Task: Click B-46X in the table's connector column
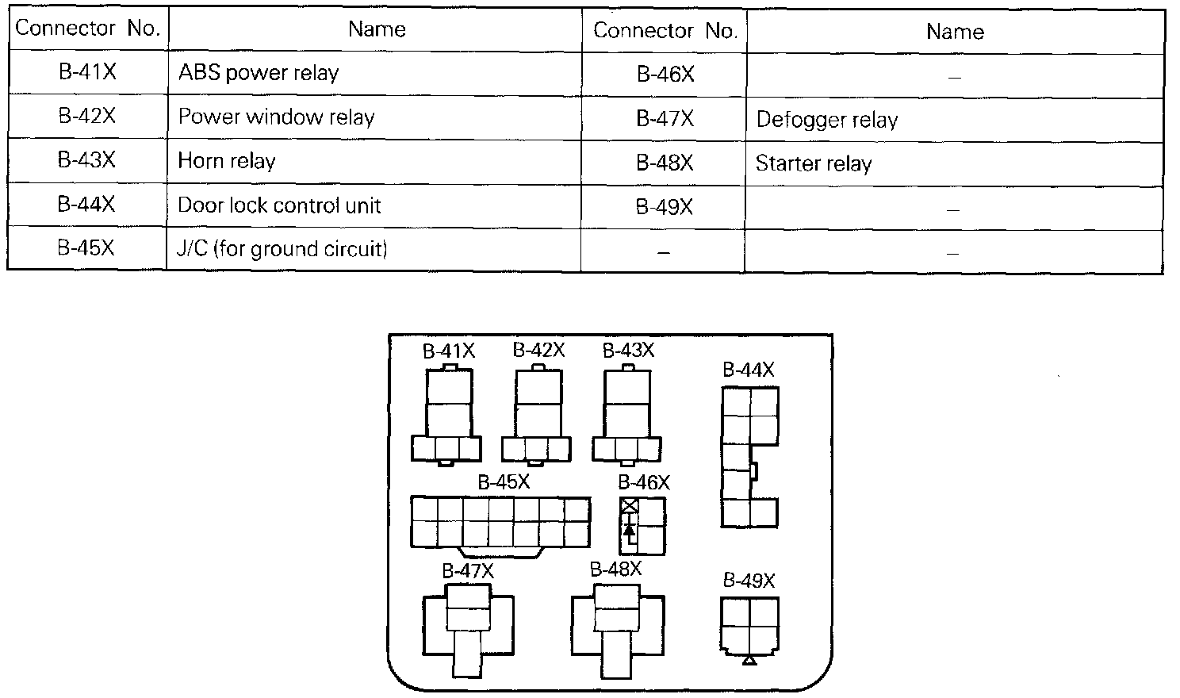(x=665, y=75)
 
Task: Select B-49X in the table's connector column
(x=665, y=207)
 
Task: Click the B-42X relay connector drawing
(x=537, y=416)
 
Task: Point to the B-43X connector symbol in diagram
(x=626, y=416)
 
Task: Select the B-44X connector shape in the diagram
(x=749, y=457)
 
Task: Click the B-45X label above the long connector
(x=504, y=481)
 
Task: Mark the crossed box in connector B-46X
(x=630, y=505)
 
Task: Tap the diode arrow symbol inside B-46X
(x=630, y=529)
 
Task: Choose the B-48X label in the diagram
(x=616, y=569)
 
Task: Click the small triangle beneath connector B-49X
(x=749, y=660)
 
